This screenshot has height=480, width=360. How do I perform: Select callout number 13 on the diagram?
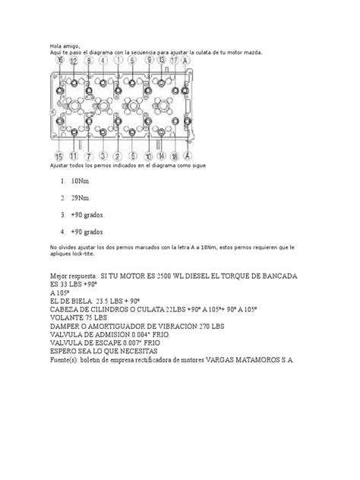click(x=160, y=60)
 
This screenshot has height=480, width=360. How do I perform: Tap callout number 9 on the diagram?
click(x=149, y=60)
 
